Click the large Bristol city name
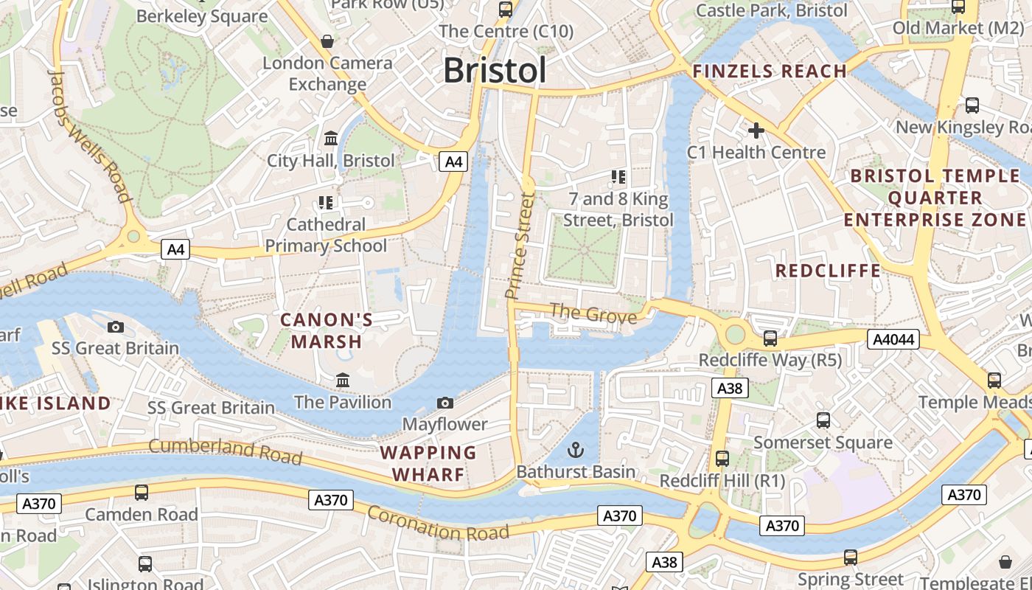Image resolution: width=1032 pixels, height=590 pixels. click(495, 71)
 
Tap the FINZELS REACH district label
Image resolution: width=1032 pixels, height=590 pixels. click(770, 72)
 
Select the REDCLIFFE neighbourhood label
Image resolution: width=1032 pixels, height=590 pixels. click(828, 271)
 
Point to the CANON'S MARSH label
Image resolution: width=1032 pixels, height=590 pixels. click(327, 331)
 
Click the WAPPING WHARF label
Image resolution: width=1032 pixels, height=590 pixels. click(428, 463)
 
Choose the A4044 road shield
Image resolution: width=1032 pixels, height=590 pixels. click(893, 339)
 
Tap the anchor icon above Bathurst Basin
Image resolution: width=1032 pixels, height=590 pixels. click(575, 450)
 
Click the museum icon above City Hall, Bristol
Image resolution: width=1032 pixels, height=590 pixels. click(331, 139)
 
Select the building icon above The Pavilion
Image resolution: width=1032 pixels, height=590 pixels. click(343, 381)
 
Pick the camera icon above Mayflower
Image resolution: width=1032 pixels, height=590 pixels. click(444, 403)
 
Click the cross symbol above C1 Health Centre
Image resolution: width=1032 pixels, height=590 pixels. click(756, 131)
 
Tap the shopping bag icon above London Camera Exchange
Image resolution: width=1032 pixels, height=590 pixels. click(327, 41)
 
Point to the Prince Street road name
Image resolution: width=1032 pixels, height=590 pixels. click(519, 246)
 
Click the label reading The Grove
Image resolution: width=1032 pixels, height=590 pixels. click(593, 313)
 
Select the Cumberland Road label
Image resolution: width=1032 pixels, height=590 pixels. click(226, 451)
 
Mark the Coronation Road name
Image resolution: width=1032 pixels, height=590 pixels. click(438, 523)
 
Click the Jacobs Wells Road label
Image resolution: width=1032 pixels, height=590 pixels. click(89, 135)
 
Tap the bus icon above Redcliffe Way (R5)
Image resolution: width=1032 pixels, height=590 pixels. click(770, 339)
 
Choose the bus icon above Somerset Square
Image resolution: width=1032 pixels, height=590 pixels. click(823, 420)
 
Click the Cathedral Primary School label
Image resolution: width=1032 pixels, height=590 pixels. click(326, 235)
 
